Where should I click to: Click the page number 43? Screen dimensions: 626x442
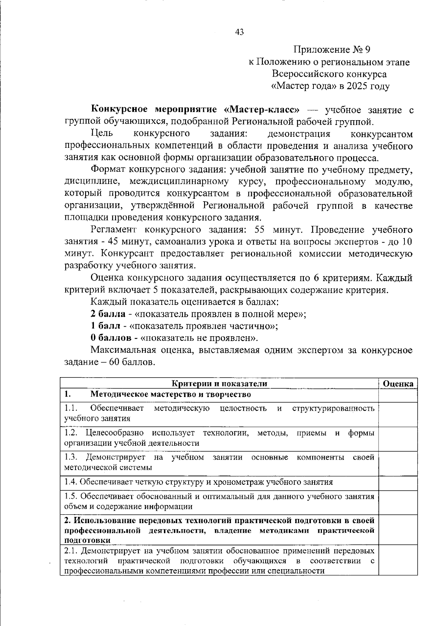tap(239, 32)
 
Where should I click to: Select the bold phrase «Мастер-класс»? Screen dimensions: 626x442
tap(262, 110)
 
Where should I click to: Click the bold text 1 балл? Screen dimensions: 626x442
tap(105, 326)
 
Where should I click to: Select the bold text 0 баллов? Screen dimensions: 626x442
tap(110, 338)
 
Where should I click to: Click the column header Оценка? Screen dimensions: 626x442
tap(398, 384)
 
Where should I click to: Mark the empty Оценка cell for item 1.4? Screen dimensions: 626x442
tap(398, 483)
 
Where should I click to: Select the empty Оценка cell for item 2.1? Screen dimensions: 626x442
tap(398, 560)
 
